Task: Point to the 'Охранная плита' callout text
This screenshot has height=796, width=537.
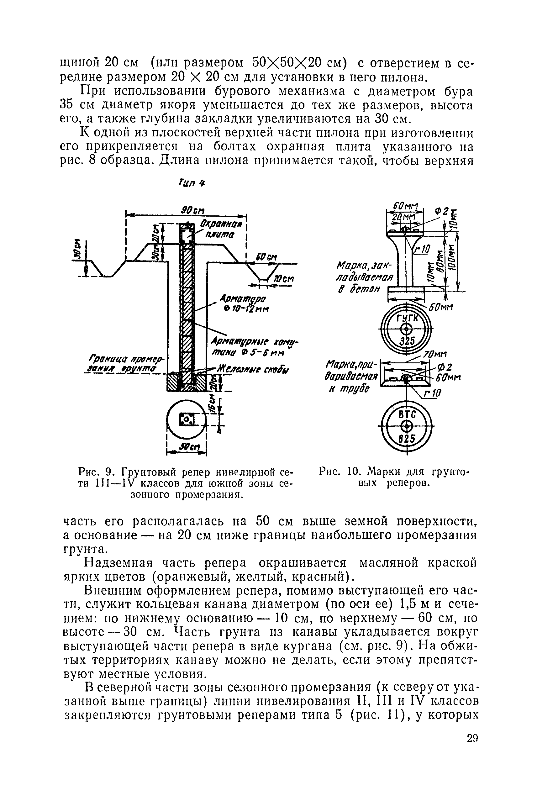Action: tap(221, 229)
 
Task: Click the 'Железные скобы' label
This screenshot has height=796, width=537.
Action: tap(253, 370)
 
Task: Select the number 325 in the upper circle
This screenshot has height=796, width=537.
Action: tap(407, 341)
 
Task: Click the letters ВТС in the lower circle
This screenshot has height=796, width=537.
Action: tap(407, 414)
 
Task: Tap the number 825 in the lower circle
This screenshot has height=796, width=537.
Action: tap(407, 438)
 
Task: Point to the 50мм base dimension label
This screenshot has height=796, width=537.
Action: tap(441, 307)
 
